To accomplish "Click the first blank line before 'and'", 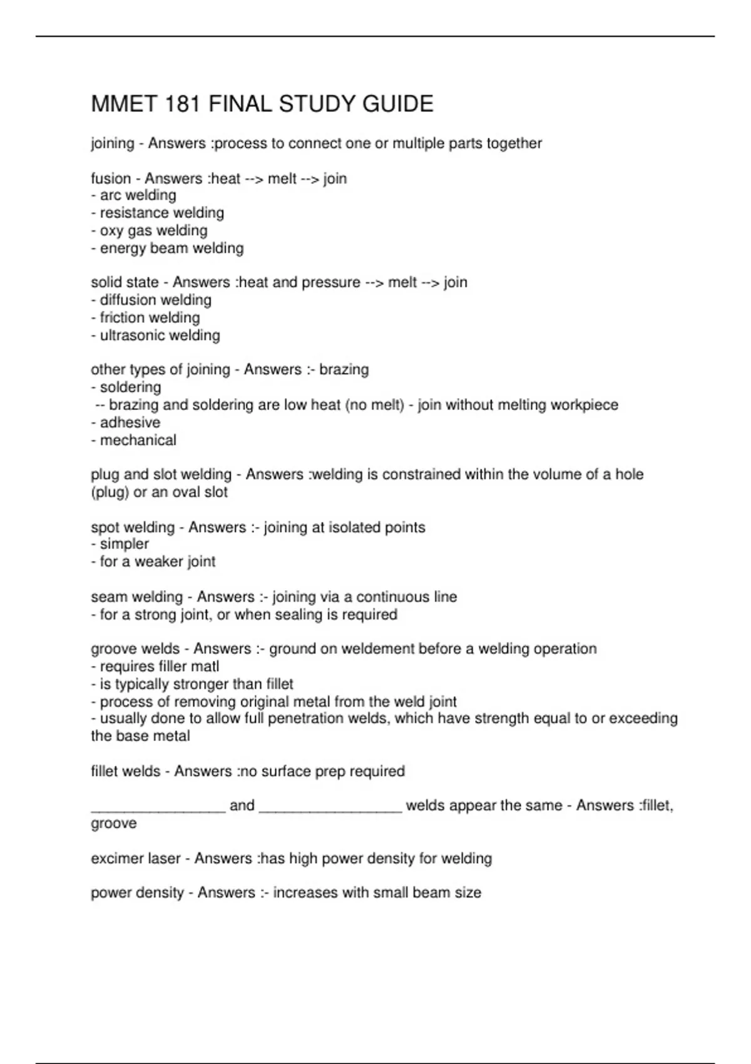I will [158, 808].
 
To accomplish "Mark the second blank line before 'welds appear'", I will [330, 808].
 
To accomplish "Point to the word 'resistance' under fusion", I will [134, 213].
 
